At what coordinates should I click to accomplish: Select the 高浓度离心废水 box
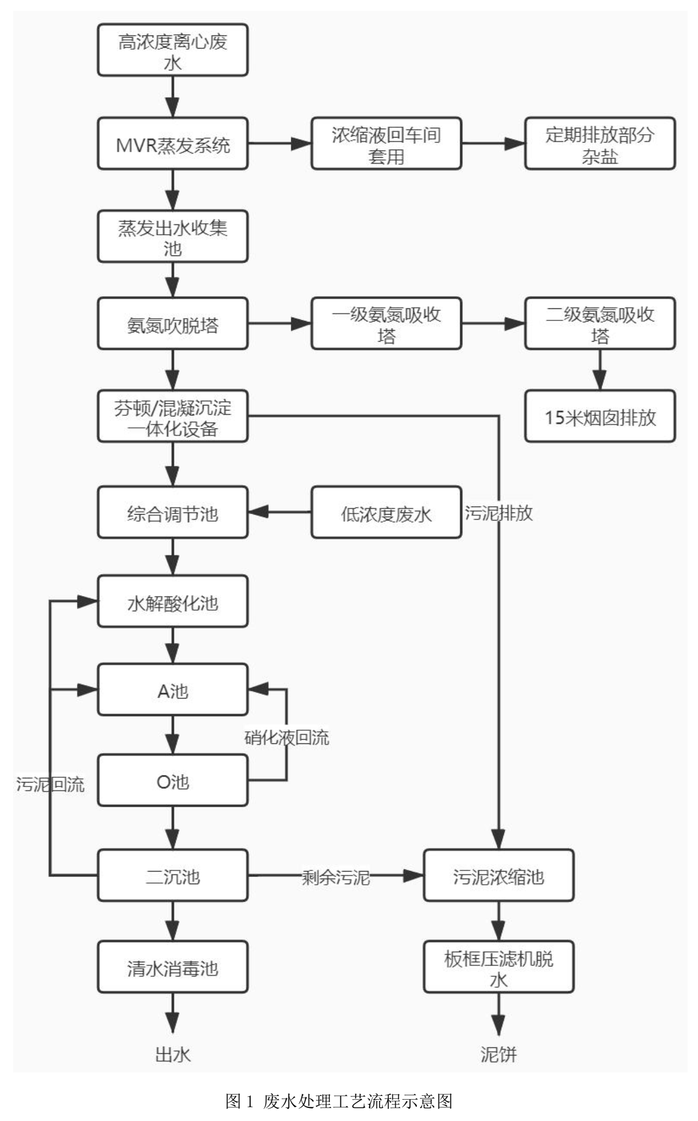pos(172,50)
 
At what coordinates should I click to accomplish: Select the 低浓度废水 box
pos(386,513)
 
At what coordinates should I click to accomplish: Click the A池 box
pos(172,690)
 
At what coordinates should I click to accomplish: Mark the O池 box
pos(172,781)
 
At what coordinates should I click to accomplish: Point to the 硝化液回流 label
pos(287,738)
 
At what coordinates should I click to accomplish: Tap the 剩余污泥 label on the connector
pos(336,877)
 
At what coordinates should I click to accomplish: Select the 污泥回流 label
pos(50,784)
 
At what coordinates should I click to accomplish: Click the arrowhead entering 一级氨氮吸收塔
pos(301,324)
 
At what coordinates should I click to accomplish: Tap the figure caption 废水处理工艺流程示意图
pos(339,1101)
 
